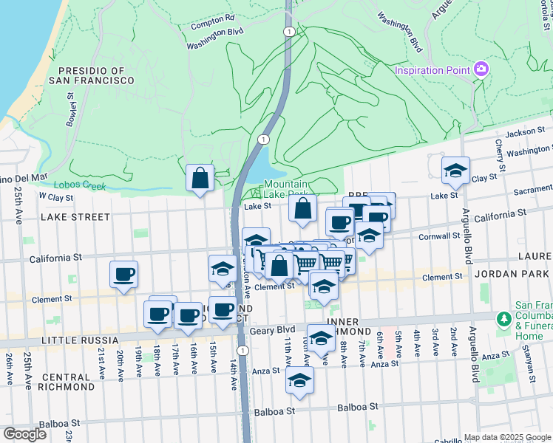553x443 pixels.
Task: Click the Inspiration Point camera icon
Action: click(482, 69)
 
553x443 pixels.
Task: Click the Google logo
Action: click(25, 434)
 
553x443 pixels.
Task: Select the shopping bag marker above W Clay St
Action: click(200, 177)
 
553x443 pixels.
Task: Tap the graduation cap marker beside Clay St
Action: click(455, 171)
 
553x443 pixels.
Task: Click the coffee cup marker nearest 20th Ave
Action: click(123, 275)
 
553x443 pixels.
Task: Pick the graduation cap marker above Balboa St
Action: click(299, 380)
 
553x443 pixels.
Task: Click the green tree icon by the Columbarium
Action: click(504, 319)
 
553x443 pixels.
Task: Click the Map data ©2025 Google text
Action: click(506, 437)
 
